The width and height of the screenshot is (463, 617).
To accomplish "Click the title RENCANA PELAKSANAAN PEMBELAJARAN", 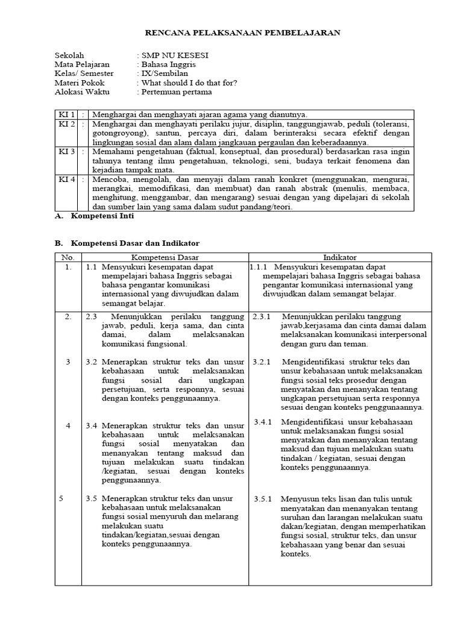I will click(x=244, y=33).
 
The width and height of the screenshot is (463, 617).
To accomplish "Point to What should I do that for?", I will click(x=189, y=83).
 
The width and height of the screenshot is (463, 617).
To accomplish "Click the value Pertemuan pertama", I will click(x=176, y=92).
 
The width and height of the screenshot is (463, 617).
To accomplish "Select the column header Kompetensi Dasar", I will click(x=165, y=257).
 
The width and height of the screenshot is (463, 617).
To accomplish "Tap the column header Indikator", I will click(x=340, y=257).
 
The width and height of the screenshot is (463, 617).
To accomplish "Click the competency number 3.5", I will click(x=91, y=498).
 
